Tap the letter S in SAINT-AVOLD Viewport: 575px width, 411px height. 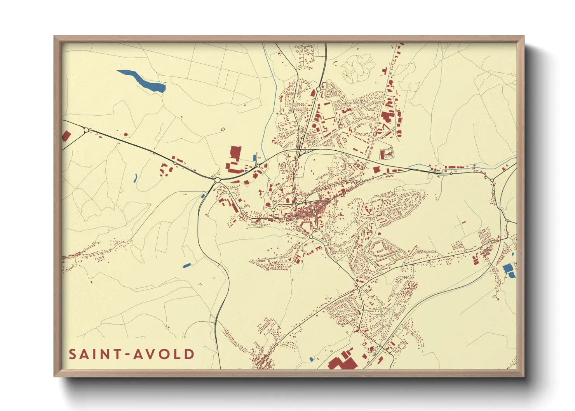tap(73, 354)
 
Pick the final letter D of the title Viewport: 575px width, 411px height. tap(189, 354)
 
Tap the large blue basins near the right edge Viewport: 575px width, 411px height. tap(509, 270)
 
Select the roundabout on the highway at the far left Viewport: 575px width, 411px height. tap(86, 130)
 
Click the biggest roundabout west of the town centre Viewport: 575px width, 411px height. tap(217, 180)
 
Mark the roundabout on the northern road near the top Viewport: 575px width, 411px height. tap(319, 89)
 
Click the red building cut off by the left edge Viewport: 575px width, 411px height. tap(66, 136)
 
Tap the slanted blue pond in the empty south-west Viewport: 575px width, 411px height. tap(186, 265)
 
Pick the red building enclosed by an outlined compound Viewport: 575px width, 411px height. tap(387, 154)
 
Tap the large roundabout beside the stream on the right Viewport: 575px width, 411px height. tap(492, 180)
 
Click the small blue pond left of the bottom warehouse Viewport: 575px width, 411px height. tap(311, 359)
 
